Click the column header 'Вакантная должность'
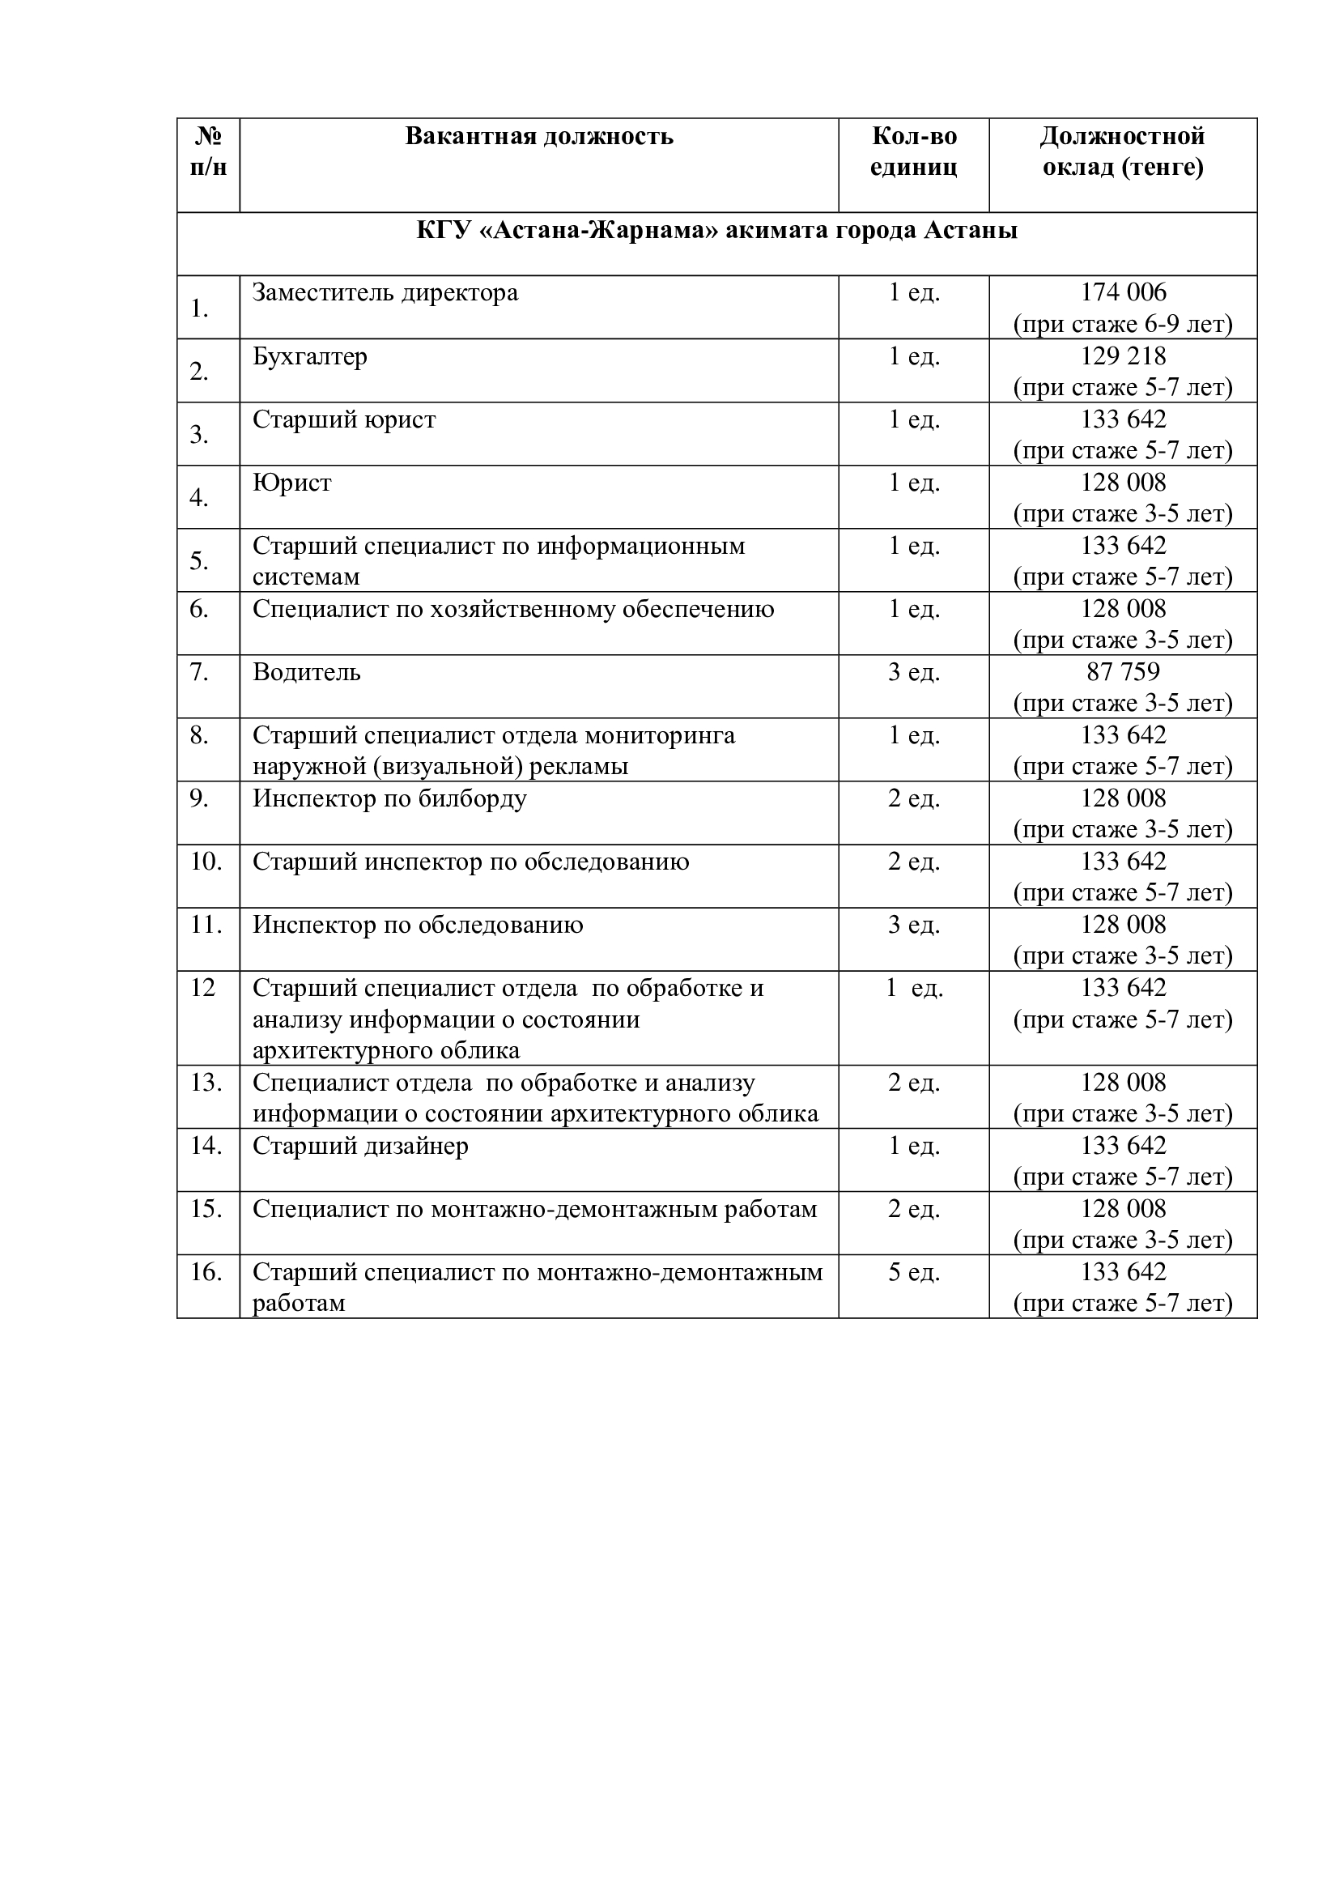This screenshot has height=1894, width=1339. click(x=539, y=136)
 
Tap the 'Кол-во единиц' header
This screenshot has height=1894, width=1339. click(x=913, y=151)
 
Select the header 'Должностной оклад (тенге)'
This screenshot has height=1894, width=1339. click(x=1122, y=151)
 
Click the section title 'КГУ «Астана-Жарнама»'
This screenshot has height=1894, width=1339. click(x=716, y=230)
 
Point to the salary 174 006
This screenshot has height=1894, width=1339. click(x=1123, y=292)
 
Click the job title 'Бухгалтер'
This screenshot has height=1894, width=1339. click(x=310, y=356)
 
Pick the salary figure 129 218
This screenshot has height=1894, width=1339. click(x=1123, y=355)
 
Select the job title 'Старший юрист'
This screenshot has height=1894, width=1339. click(x=344, y=420)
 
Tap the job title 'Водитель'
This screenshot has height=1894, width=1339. click(x=307, y=672)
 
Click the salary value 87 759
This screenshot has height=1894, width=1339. click(x=1123, y=671)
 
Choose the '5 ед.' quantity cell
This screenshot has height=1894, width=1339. click(x=913, y=1272)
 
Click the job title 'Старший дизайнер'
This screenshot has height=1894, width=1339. click(x=360, y=1146)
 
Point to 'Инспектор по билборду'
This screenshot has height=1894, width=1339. click(x=389, y=798)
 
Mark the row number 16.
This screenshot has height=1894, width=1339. click(x=206, y=1272)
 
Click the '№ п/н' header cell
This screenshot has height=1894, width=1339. click(x=208, y=151)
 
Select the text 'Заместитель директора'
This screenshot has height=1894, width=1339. click(x=385, y=293)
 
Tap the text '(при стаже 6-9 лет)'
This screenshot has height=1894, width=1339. click(x=1123, y=324)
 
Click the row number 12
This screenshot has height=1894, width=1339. click(x=203, y=987)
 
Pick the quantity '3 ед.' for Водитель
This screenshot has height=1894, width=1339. click(x=913, y=672)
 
